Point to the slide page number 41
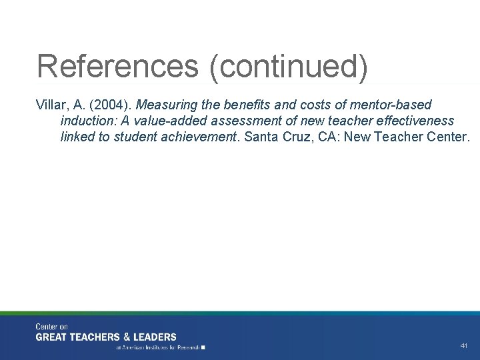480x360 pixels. pyautogui.click(x=464, y=346)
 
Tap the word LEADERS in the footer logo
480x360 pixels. pyautogui.click(x=153, y=337)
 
